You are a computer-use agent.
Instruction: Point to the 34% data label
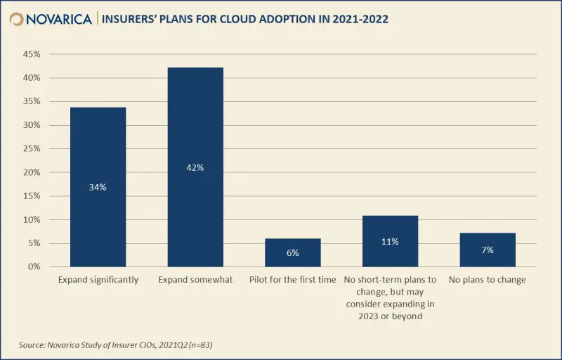tap(98, 187)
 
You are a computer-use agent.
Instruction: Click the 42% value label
tap(195, 167)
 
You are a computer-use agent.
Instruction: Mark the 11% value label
tap(390, 241)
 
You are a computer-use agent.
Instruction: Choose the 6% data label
tap(292, 252)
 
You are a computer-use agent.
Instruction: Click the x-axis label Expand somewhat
tap(195, 280)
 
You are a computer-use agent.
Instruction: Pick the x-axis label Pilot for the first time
tap(292, 280)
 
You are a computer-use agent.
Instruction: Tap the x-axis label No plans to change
tap(488, 280)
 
